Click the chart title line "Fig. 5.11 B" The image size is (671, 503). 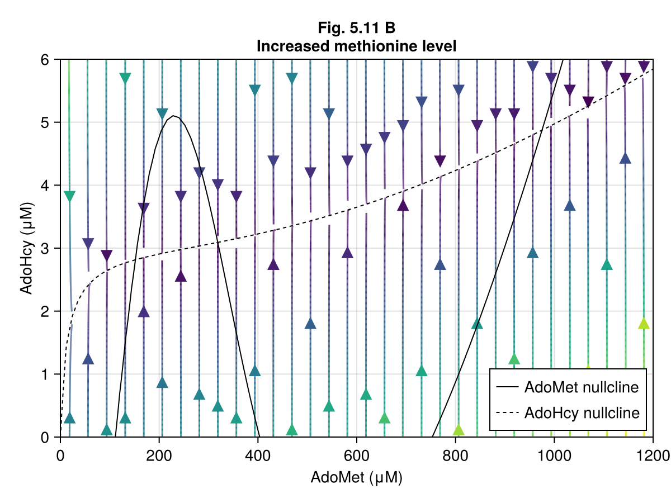[x=356, y=28]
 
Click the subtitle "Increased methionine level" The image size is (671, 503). [x=356, y=46]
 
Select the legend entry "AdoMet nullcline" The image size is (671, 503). [x=581, y=387]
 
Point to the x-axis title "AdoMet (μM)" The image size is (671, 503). [x=356, y=478]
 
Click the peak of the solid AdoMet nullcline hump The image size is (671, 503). [x=174, y=116]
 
